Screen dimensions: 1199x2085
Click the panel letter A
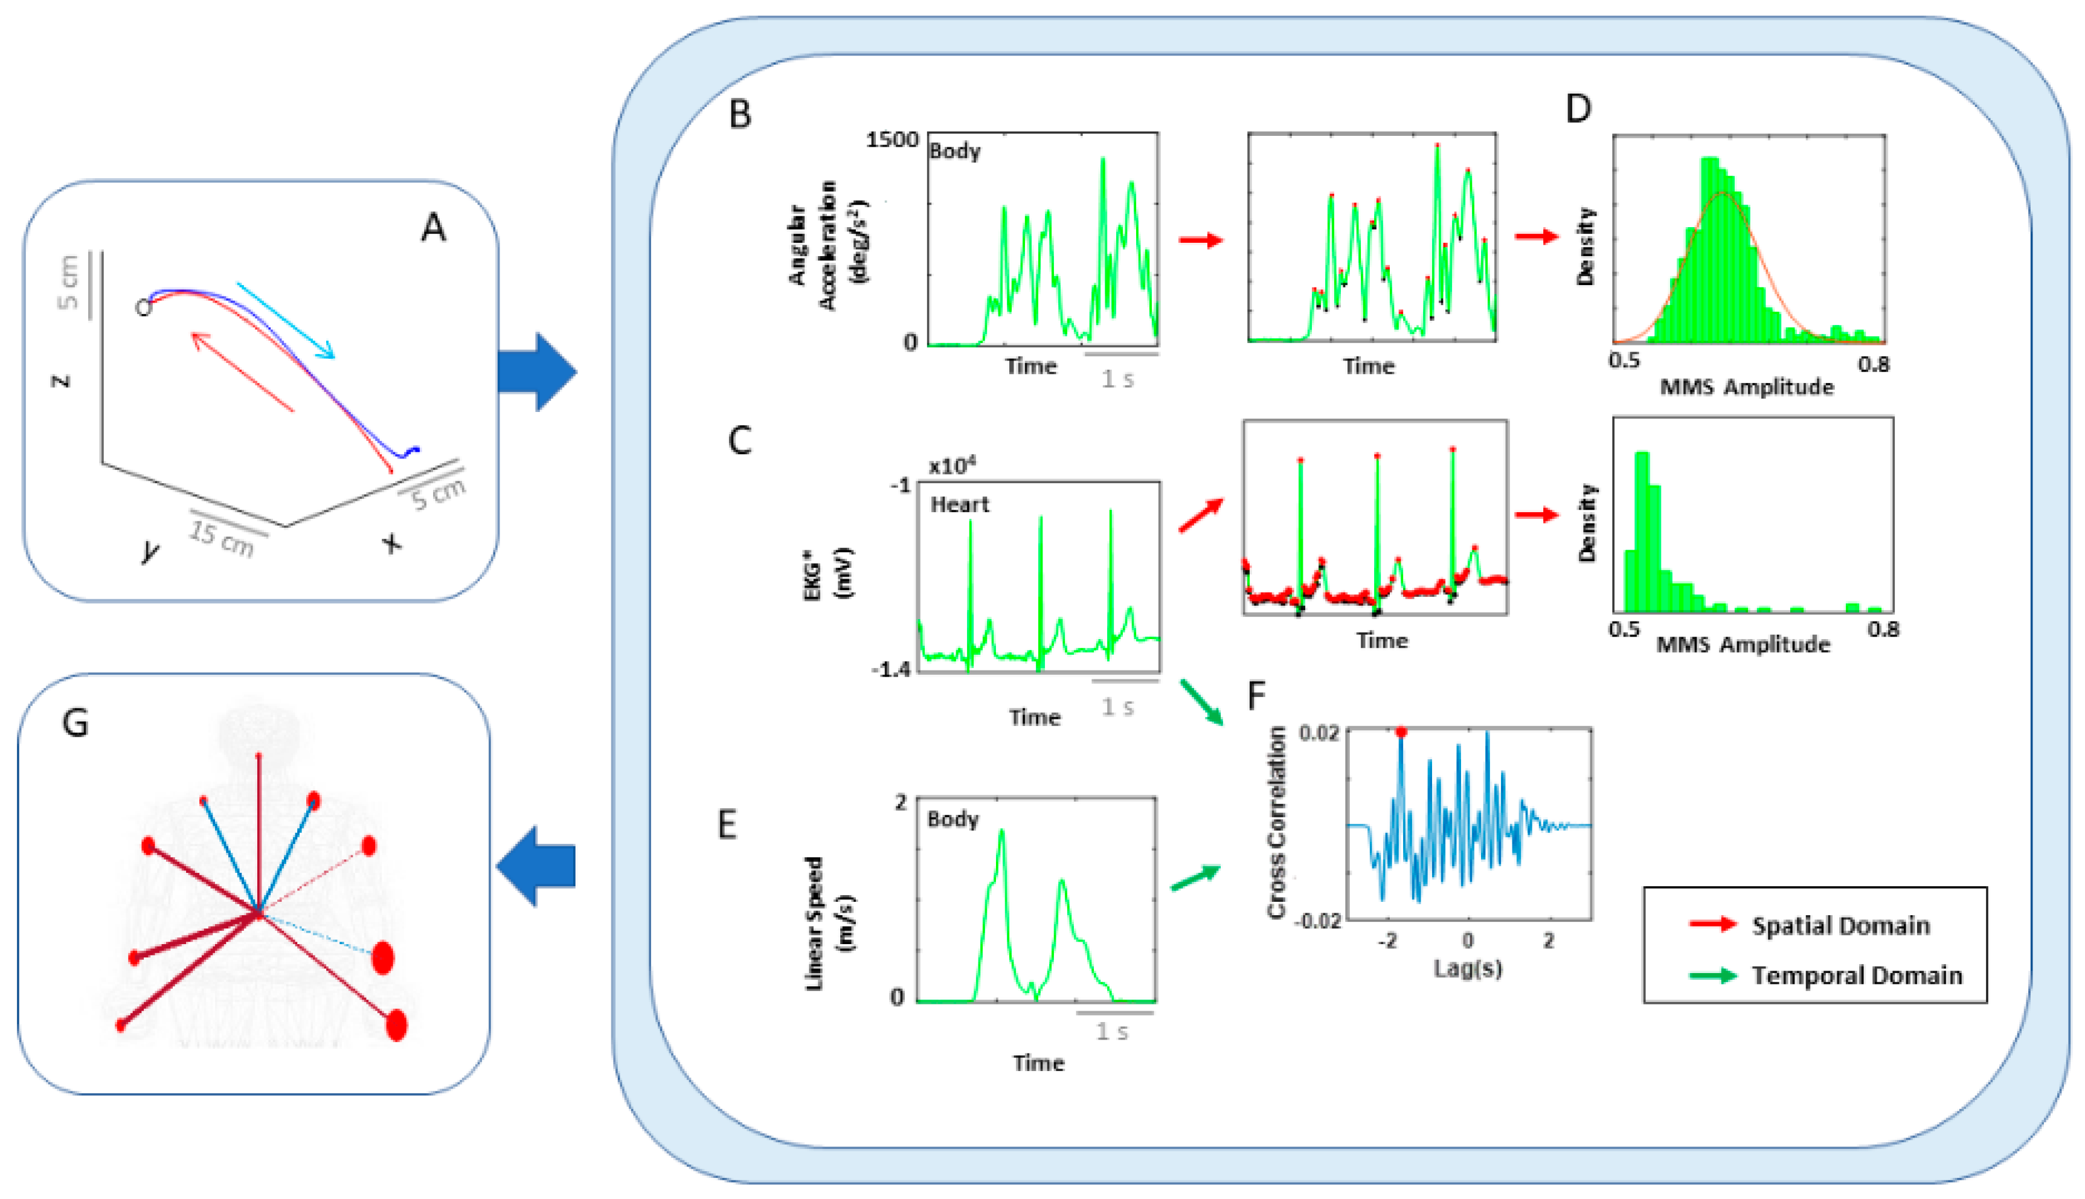434,227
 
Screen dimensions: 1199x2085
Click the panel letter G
75,723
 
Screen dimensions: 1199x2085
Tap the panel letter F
1256,696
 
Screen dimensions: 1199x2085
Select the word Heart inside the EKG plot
959,505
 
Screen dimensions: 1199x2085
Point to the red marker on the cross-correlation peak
1401,732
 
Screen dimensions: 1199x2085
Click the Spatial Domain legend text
1840,925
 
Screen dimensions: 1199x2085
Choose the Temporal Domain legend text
1856,976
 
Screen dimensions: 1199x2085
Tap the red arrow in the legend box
1713,925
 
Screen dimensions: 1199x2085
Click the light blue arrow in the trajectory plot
286,321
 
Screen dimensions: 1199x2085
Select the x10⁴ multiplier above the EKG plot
952,466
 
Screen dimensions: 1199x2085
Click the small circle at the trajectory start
144,308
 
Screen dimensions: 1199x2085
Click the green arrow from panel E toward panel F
1195,878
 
